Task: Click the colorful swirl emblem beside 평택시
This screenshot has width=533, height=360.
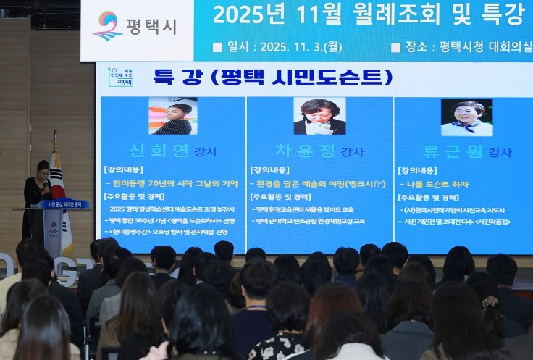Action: [x=107, y=25]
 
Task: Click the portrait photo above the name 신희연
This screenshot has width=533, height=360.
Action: [x=172, y=116]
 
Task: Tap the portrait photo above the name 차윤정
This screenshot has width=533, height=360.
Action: [x=319, y=116]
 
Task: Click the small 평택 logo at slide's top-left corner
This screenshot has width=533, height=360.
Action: [x=120, y=78]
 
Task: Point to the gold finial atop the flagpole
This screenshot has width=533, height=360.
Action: [x=54, y=134]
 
